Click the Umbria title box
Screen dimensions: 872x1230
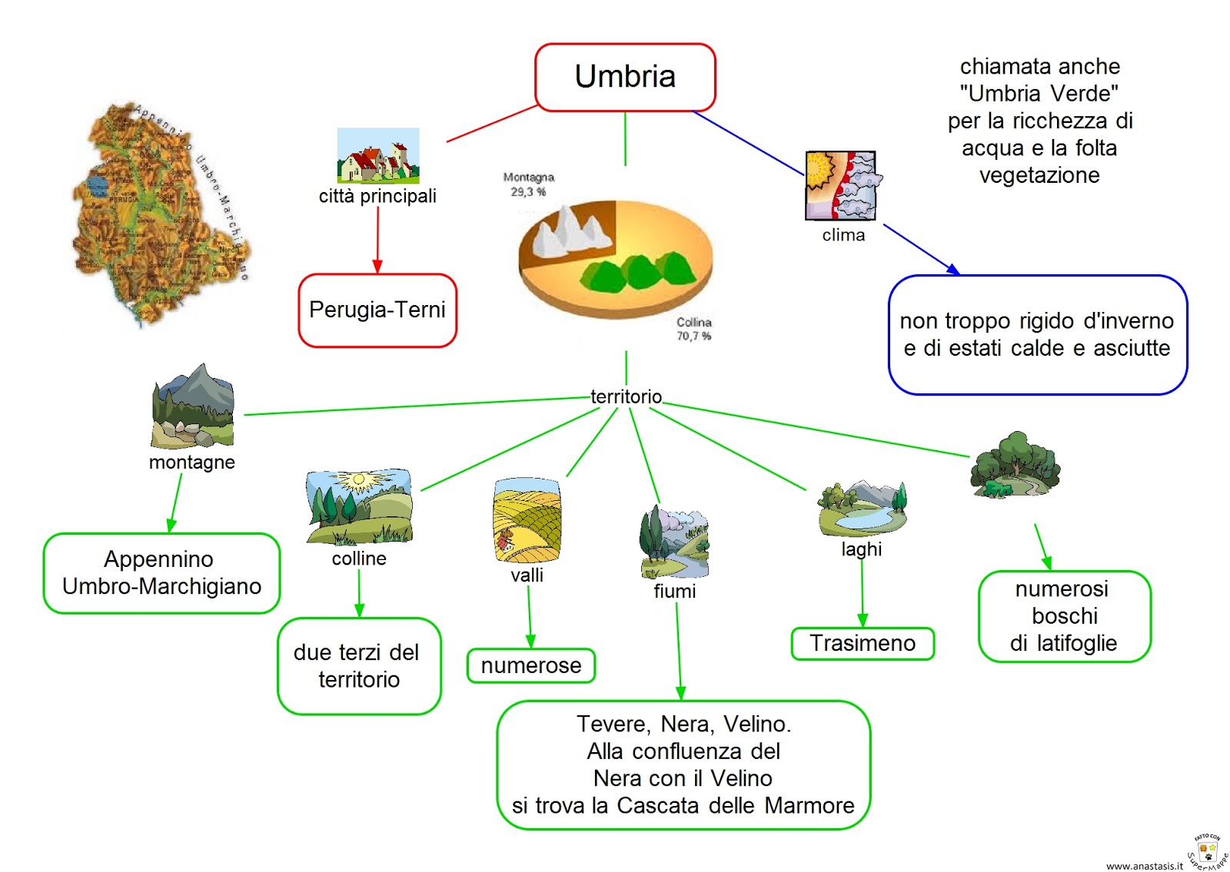[625, 77]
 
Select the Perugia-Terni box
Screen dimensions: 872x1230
[377, 310]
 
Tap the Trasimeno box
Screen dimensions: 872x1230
[863, 643]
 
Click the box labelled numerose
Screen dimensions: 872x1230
[531, 665]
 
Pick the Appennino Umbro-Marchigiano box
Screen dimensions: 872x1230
[161, 573]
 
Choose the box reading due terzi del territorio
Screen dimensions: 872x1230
[359, 666]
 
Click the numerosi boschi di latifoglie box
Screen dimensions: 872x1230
[1065, 616]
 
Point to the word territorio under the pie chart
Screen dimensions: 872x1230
[626, 396]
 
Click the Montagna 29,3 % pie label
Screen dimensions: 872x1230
[528, 184]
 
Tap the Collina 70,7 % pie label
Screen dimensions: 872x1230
[693, 329]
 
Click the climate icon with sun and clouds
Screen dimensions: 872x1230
[841, 185]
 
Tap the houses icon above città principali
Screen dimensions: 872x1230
[378, 156]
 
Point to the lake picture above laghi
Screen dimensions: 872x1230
[863, 509]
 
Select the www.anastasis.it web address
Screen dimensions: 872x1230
[1144, 865]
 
